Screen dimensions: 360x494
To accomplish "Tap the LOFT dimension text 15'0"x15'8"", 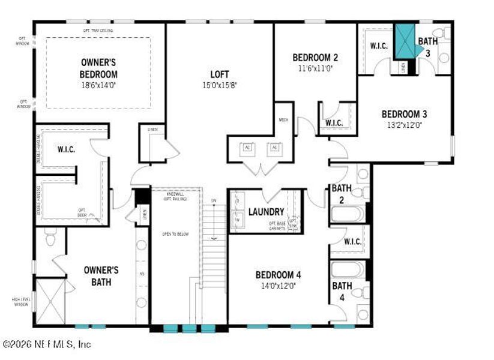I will point(219,85).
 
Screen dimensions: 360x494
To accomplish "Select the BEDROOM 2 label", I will point(315,58).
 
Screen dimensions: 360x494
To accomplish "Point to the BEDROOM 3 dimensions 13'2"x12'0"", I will point(405,125).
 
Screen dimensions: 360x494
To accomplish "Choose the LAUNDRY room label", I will point(266,212).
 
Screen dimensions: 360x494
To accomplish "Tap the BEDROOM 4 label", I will point(277,275).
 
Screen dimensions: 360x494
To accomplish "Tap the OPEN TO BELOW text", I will point(175,234).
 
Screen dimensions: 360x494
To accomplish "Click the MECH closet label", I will point(283,120).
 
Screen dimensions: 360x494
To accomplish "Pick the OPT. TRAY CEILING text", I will point(98,30).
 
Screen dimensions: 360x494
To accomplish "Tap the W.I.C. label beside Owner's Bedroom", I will point(66,149).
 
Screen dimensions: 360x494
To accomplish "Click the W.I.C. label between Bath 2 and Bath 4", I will point(352,242).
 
